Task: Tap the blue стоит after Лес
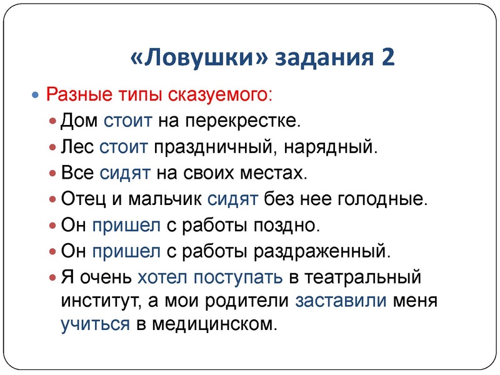click(124, 146)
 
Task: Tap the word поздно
click(288, 226)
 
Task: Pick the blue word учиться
click(94, 325)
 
